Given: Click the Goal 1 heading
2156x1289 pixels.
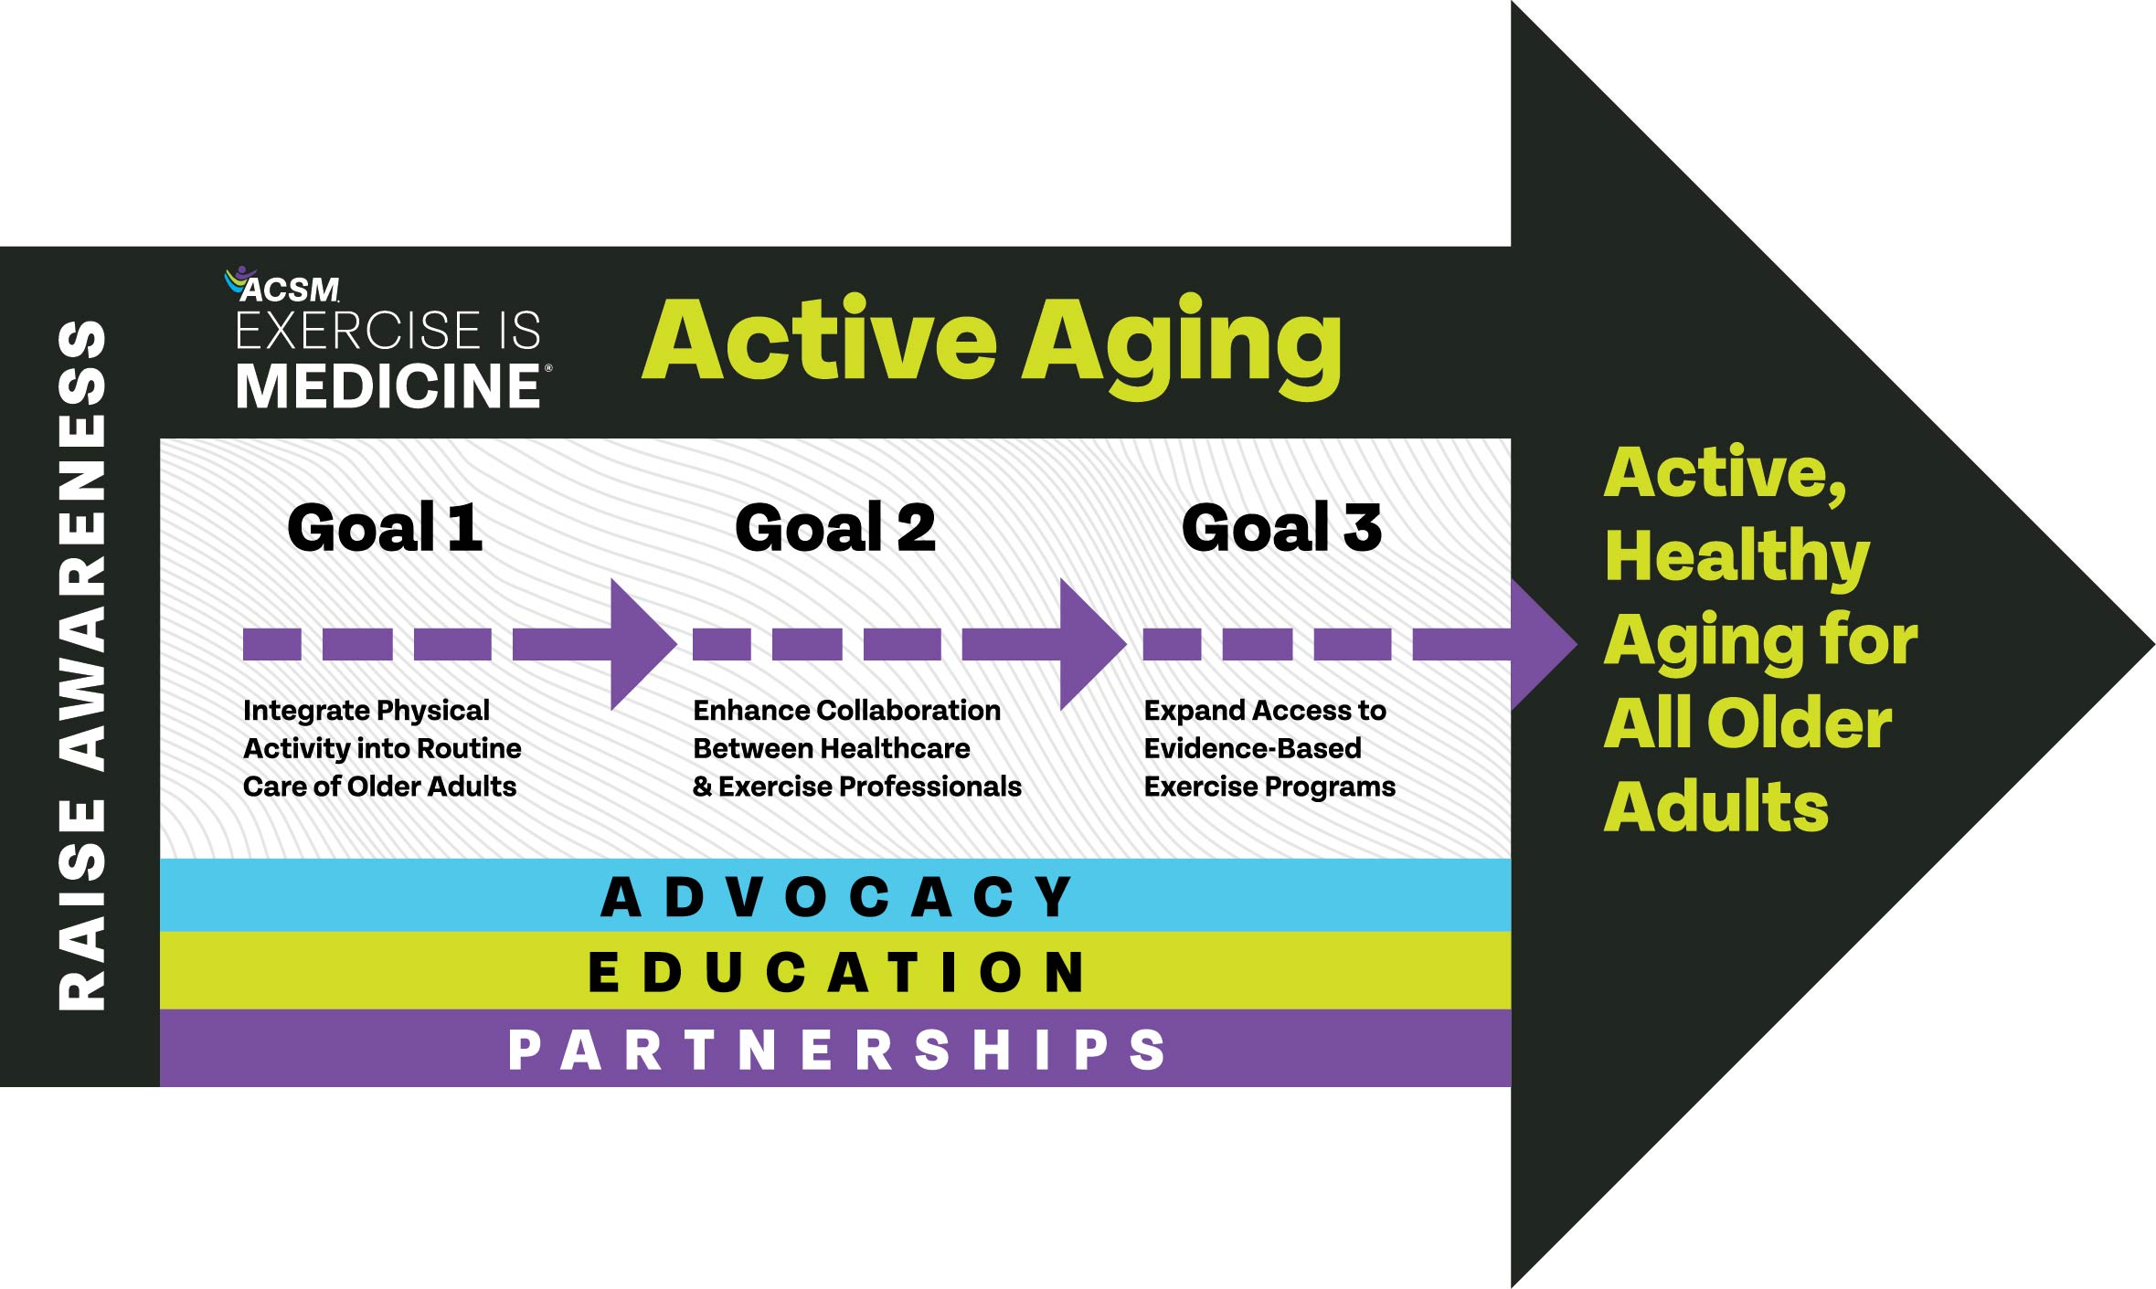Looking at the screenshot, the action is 385,528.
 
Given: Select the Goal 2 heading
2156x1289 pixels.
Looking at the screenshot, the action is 835,528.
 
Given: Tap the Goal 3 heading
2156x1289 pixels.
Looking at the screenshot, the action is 1281,528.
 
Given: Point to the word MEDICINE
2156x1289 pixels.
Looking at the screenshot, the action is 388,386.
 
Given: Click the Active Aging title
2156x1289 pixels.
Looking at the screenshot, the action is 993,345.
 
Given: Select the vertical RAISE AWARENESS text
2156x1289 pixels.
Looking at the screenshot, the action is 81,665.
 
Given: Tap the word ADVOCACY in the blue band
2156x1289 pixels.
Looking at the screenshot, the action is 837,896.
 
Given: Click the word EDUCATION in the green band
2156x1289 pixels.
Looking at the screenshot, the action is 837,971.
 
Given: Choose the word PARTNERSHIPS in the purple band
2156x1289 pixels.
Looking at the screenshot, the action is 837,1050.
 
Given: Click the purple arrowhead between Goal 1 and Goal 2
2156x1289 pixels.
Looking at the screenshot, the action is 643,644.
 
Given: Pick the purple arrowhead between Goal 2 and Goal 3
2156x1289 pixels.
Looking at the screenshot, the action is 1093,644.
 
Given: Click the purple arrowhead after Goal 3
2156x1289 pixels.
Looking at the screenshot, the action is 1544,644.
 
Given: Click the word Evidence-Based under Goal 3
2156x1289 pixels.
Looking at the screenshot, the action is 1252,748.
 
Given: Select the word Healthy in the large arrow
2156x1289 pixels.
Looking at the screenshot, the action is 1737,557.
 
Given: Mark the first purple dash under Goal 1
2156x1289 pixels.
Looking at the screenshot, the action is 272,644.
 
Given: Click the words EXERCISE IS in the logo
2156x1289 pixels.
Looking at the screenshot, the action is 388,330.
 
